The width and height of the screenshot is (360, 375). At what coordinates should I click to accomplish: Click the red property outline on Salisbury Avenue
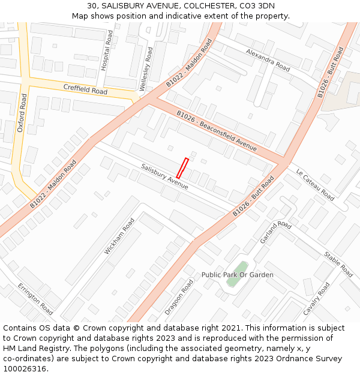tap(182, 169)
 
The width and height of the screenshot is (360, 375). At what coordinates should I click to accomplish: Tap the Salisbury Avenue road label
tap(164, 177)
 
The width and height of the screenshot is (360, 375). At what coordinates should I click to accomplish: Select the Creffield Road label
tap(85, 90)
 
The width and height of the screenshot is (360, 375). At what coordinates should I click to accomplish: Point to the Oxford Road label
tap(22, 113)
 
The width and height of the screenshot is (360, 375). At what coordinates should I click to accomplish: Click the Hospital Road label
tap(108, 51)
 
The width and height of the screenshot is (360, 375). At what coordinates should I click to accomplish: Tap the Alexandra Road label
tap(268, 61)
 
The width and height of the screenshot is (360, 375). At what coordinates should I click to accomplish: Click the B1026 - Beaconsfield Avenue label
tap(216, 131)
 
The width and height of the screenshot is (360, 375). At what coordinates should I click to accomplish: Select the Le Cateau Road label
tap(314, 184)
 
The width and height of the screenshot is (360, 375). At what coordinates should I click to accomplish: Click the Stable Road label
tap(339, 264)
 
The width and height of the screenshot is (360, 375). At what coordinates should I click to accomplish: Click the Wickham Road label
tap(119, 236)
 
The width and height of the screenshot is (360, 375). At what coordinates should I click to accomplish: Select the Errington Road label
tap(35, 299)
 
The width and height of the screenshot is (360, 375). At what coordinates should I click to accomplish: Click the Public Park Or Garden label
tap(237, 275)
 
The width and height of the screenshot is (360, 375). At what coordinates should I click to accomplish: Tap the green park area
tap(241, 268)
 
